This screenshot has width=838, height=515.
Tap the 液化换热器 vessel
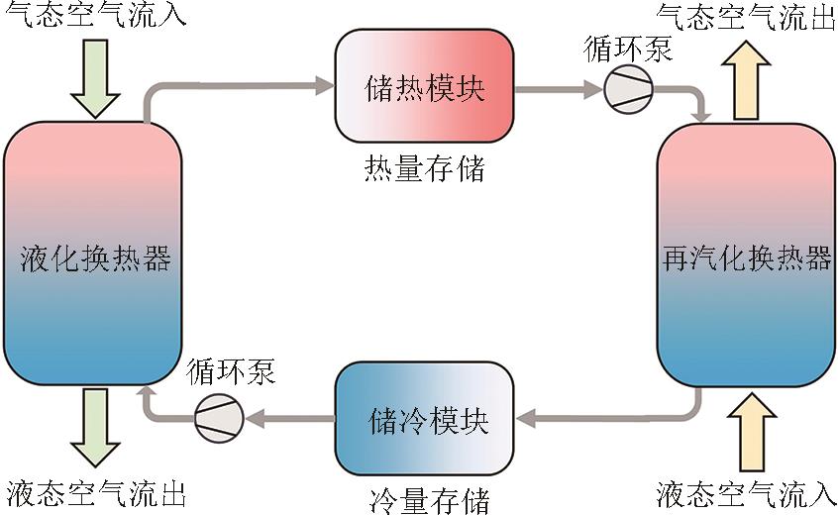tap(95, 257)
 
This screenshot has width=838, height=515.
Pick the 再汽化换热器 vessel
tap(746, 257)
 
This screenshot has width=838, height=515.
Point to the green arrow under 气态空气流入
tap(95, 77)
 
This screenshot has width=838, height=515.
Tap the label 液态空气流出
tap(95, 492)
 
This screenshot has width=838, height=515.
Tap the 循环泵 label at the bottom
tap(230, 373)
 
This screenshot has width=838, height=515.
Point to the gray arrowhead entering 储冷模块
tap(525, 417)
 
